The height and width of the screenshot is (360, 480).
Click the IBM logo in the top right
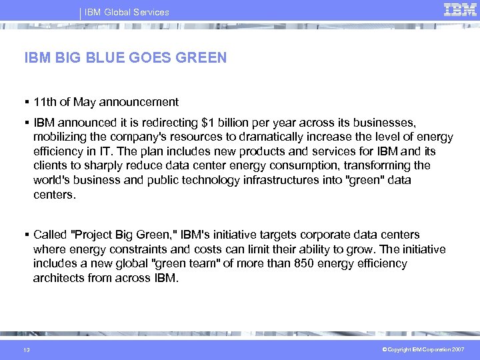(x=460, y=9)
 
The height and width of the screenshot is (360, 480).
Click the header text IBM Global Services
(x=126, y=12)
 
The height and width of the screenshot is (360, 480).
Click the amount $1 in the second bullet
(x=208, y=123)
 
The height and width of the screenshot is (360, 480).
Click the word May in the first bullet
(x=85, y=102)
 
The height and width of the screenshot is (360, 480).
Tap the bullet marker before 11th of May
(x=27, y=102)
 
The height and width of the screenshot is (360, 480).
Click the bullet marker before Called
(x=27, y=235)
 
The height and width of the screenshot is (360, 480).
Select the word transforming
(x=383, y=165)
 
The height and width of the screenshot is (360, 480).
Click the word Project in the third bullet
(x=94, y=235)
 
